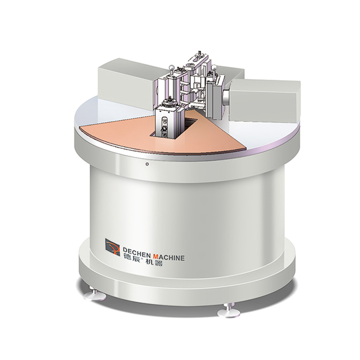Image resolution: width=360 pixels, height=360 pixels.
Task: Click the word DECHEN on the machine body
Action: click(137, 250)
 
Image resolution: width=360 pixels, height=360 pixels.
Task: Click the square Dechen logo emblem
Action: click(112, 247)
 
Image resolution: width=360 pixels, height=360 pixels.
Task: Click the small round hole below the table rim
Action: click(147, 164)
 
